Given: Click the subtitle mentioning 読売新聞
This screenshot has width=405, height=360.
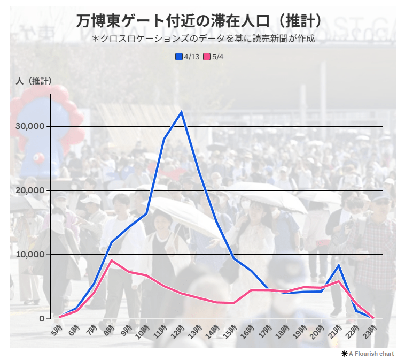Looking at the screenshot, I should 203,39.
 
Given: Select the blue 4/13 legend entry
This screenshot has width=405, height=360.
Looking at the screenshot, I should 188,57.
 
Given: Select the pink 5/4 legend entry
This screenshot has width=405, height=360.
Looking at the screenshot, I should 214,57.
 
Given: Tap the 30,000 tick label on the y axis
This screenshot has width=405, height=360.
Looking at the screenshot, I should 30,126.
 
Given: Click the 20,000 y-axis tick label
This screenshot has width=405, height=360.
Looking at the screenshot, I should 30,190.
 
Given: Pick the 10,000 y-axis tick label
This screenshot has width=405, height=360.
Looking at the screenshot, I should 30,255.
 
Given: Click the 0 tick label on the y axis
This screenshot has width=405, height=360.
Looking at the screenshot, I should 41,319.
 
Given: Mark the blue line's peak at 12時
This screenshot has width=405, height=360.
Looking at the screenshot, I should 182,112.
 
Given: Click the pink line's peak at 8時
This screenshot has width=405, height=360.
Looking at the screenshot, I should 111,260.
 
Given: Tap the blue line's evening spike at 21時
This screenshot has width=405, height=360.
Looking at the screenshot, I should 338,265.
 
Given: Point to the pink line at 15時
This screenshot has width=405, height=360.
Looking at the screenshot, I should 233,303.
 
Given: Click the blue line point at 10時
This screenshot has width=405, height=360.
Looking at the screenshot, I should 146,213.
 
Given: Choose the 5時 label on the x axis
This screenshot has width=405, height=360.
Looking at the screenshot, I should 57,331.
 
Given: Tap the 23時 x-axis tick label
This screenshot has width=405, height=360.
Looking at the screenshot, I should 370,332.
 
